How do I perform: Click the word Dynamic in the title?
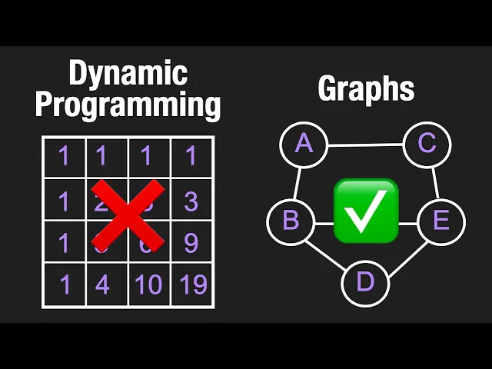[128, 74]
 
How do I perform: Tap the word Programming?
[128, 105]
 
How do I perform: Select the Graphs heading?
[366, 89]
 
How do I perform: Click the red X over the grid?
[128, 215]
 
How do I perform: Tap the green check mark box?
[366, 208]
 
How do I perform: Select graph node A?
[304, 144]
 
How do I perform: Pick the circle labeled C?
[427, 144]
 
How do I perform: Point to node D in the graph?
[365, 282]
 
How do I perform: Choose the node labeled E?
[440, 221]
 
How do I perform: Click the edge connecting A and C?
[366, 144]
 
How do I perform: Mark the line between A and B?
[298, 182]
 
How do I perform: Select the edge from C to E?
[434, 182]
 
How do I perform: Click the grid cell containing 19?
[192, 285]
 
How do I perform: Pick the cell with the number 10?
[149, 285]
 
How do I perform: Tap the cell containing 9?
[192, 243]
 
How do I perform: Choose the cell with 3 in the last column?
[192, 201]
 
